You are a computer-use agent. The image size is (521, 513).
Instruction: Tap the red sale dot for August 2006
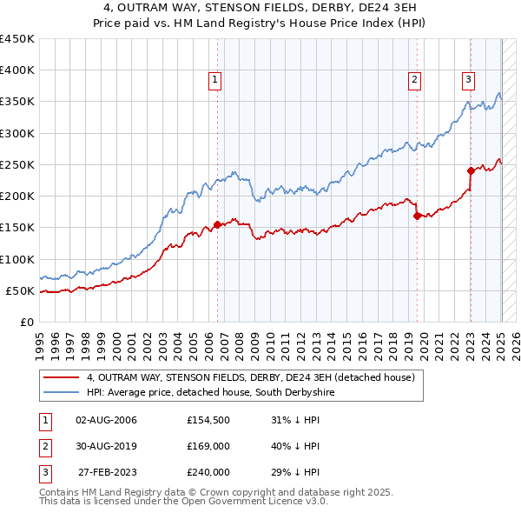(x=218, y=225)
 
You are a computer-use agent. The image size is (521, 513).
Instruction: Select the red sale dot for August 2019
(x=418, y=216)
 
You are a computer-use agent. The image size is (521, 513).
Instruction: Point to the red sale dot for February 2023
(x=471, y=170)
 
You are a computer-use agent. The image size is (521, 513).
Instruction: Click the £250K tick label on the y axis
(x=17, y=164)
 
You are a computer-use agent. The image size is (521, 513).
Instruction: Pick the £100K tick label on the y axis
(x=17, y=259)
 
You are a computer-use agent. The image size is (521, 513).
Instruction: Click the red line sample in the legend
(x=61, y=377)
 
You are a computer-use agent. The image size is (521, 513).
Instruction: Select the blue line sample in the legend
(x=61, y=393)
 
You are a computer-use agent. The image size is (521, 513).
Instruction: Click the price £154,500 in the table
(x=208, y=420)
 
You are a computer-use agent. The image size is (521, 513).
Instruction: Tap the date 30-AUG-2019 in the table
(x=106, y=446)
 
